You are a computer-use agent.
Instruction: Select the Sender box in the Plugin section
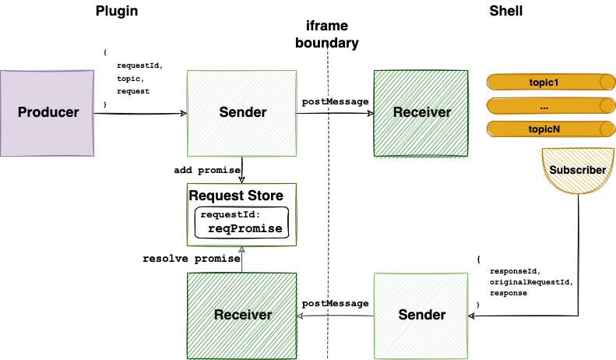tap(241, 112)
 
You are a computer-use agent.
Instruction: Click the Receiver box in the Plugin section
tap(241, 315)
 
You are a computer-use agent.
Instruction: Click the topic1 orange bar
tap(544, 82)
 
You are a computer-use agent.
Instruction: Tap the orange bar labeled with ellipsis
tap(544, 106)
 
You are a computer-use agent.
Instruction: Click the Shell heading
tap(507, 10)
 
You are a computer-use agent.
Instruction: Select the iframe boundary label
tap(327, 34)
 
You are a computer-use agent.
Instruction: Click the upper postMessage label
tap(335, 102)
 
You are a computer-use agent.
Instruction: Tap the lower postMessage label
tap(335, 304)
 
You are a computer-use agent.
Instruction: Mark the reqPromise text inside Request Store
tap(245, 228)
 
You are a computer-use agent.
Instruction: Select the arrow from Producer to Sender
tap(140, 114)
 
